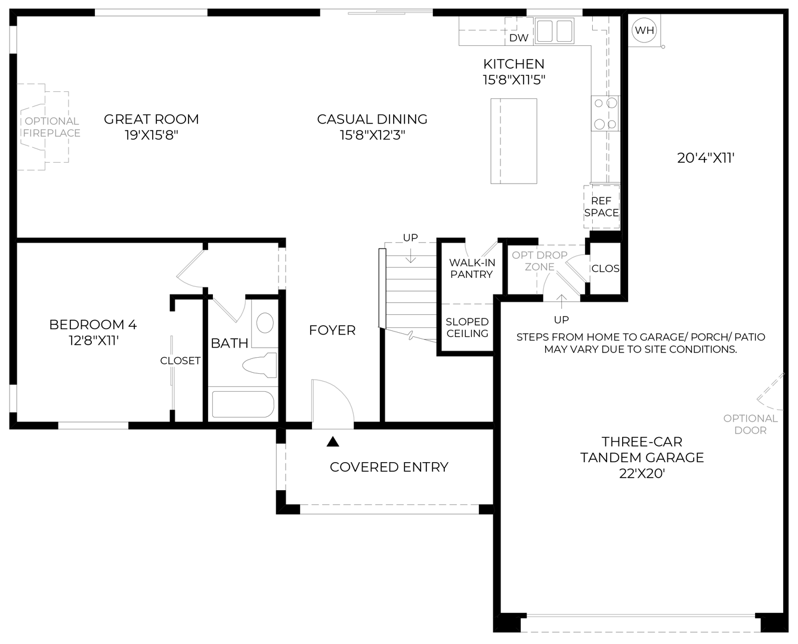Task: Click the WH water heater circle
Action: click(644, 30)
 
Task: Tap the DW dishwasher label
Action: click(518, 38)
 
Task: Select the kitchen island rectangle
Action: click(514, 141)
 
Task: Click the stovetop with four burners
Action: click(605, 113)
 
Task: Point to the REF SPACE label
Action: click(601, 206)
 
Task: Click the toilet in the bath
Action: click(261, 365)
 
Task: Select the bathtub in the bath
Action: click(243, 404)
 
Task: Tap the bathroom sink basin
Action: click(265, 323)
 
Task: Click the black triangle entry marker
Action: click(333, 442)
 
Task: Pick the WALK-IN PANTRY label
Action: click(472, 268)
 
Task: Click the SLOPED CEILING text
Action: click(467, 327)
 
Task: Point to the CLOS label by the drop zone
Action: click(605, 268)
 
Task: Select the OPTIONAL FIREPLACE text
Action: click(52, 127)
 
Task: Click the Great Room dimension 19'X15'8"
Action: click(151, 135)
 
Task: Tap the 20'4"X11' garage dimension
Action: click(706, 158)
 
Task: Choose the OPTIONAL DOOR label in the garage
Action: click(750, 424)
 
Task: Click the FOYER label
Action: click(332, 330)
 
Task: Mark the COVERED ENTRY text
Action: click(389, 467)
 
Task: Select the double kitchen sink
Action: click(555, 31)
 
